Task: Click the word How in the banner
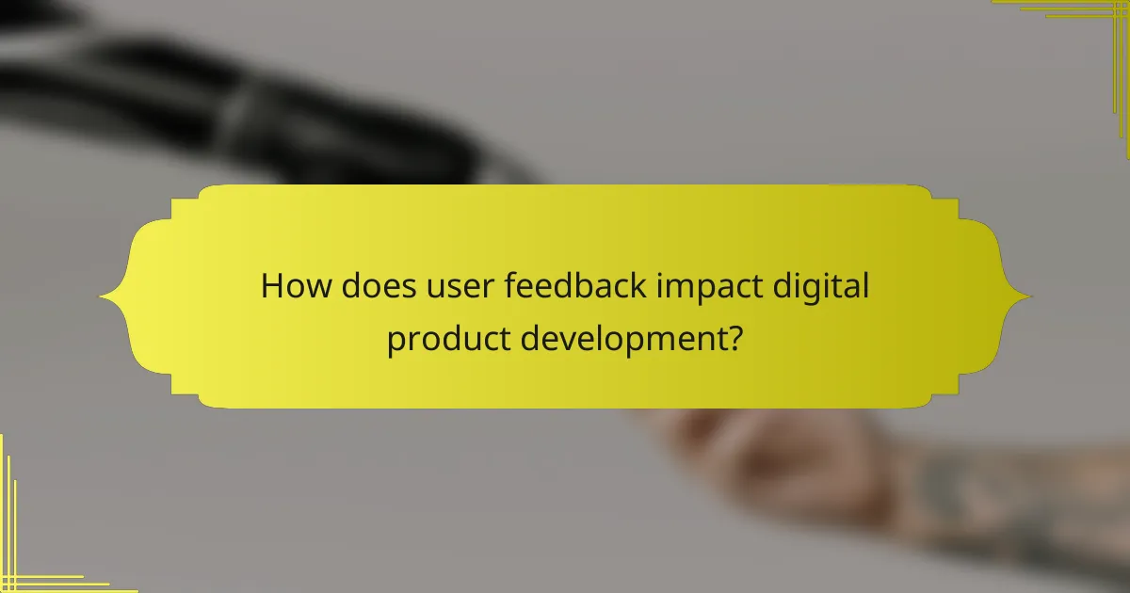(x=294, y=285)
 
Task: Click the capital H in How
(x=272, y=285)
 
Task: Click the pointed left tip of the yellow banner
(x=102, y=297)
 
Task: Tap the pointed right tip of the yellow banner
(x=1029, y=296)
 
